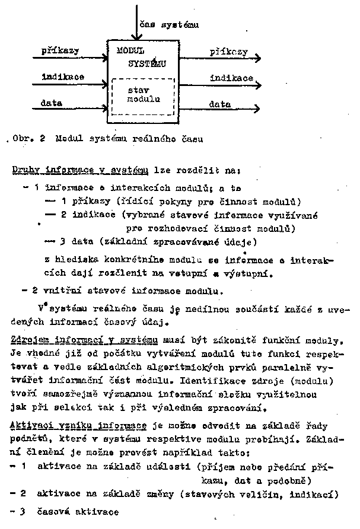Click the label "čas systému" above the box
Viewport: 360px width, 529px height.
click(x=169, y=24)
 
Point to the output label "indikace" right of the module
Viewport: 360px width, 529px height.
click(x=231, y=78)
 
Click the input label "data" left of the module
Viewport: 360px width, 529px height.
click(x=52, y=103)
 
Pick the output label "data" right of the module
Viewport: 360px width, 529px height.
click(x=219, y=104)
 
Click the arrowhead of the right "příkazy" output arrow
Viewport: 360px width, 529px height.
click(x=257, y=58)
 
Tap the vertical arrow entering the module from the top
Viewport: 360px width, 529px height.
click(x=137, y=21)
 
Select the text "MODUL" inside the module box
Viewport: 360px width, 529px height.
click(x=130, y=52)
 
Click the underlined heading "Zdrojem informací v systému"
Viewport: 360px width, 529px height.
click(x=84, y=340)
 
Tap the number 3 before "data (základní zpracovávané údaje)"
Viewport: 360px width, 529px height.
click(x=62, y=242)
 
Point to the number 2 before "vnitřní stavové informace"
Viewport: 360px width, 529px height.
click(x=35, y=291)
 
